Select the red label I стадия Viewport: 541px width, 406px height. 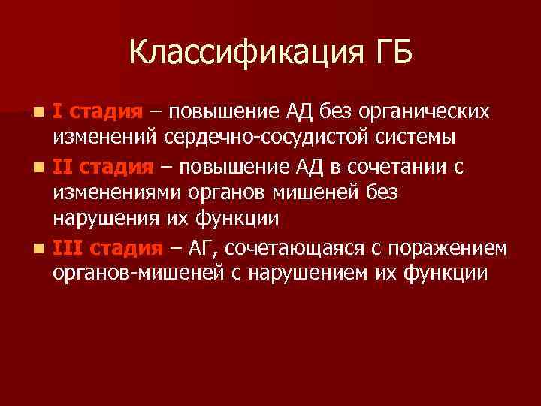point(98,111)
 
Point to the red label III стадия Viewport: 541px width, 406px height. point(108,247)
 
